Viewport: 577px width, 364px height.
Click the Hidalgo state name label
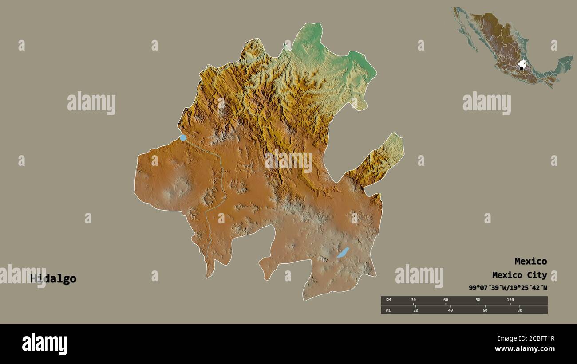coord(53,279)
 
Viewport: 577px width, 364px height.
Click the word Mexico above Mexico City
coord(530,261)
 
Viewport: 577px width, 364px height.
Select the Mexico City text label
coord(519,275)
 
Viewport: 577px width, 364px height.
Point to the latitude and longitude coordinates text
coord(508,288)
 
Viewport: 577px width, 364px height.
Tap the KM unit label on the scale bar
coord(388,300)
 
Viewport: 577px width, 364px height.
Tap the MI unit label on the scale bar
coord(388,310)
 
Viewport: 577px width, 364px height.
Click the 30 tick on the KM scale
coord(413,300)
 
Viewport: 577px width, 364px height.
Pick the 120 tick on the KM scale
coord(510,300)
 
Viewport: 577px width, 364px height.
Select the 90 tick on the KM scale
coord(478,300)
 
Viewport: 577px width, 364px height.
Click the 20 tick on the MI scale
coord(415,310)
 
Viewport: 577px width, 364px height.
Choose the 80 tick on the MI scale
coord(520,310)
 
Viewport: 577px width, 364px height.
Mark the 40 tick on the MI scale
coord(450,310)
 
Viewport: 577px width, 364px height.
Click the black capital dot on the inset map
coord(522,68)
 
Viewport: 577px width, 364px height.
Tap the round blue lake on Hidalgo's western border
coord(183,138)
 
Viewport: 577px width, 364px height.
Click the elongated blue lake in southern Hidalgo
coord(343,253)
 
